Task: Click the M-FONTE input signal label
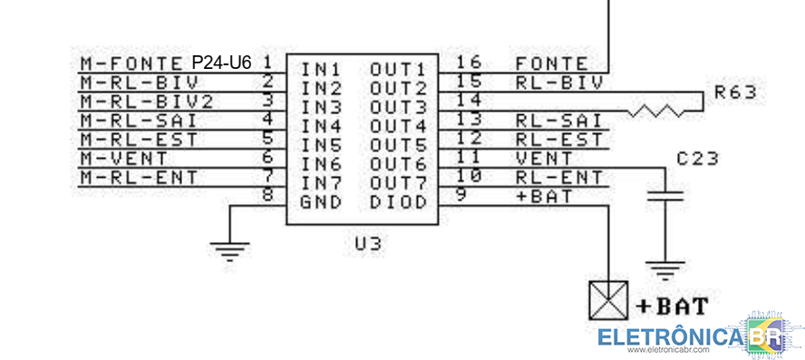[x=131, y=63]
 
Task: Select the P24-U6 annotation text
[x=221, y=63]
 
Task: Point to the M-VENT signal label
[x=118, y=157]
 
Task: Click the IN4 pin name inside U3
[x=321, y=125]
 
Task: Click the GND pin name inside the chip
[x=321, y=202]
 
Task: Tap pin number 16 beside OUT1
[x=469, y=63]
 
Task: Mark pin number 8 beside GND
[x=267, y=194]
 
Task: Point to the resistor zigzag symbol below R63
[x=660, y=112]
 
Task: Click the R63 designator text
[x=733, y=92]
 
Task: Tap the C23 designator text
[x=697, y=159]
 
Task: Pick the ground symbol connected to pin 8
[x=231, y=249]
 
